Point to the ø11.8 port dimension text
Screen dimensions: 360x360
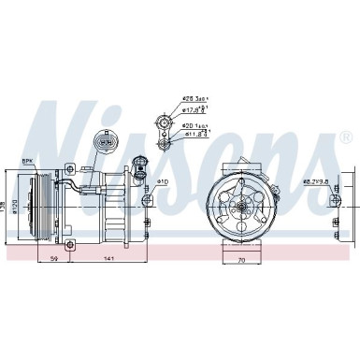[x=193, y=137]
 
